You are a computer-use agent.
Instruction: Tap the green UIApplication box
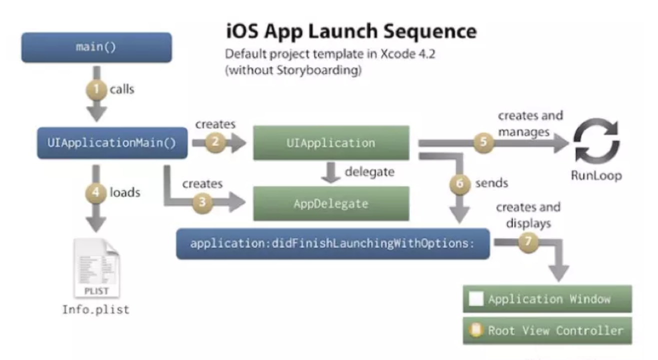point(331,143)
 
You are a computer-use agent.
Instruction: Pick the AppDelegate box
point(331,203)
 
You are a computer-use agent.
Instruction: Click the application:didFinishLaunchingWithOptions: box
point(332,244)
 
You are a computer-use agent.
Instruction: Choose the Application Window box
point(547,299)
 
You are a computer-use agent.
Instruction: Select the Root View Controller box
point(547,330)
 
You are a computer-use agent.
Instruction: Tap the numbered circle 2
point(215,142)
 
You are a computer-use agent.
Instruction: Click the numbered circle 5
point(482,142)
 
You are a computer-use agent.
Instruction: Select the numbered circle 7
point(529,241)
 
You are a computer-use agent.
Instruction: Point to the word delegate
point(369,172)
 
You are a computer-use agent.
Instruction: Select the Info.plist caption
point(95,309)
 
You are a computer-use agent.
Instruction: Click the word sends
point(491,183)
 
